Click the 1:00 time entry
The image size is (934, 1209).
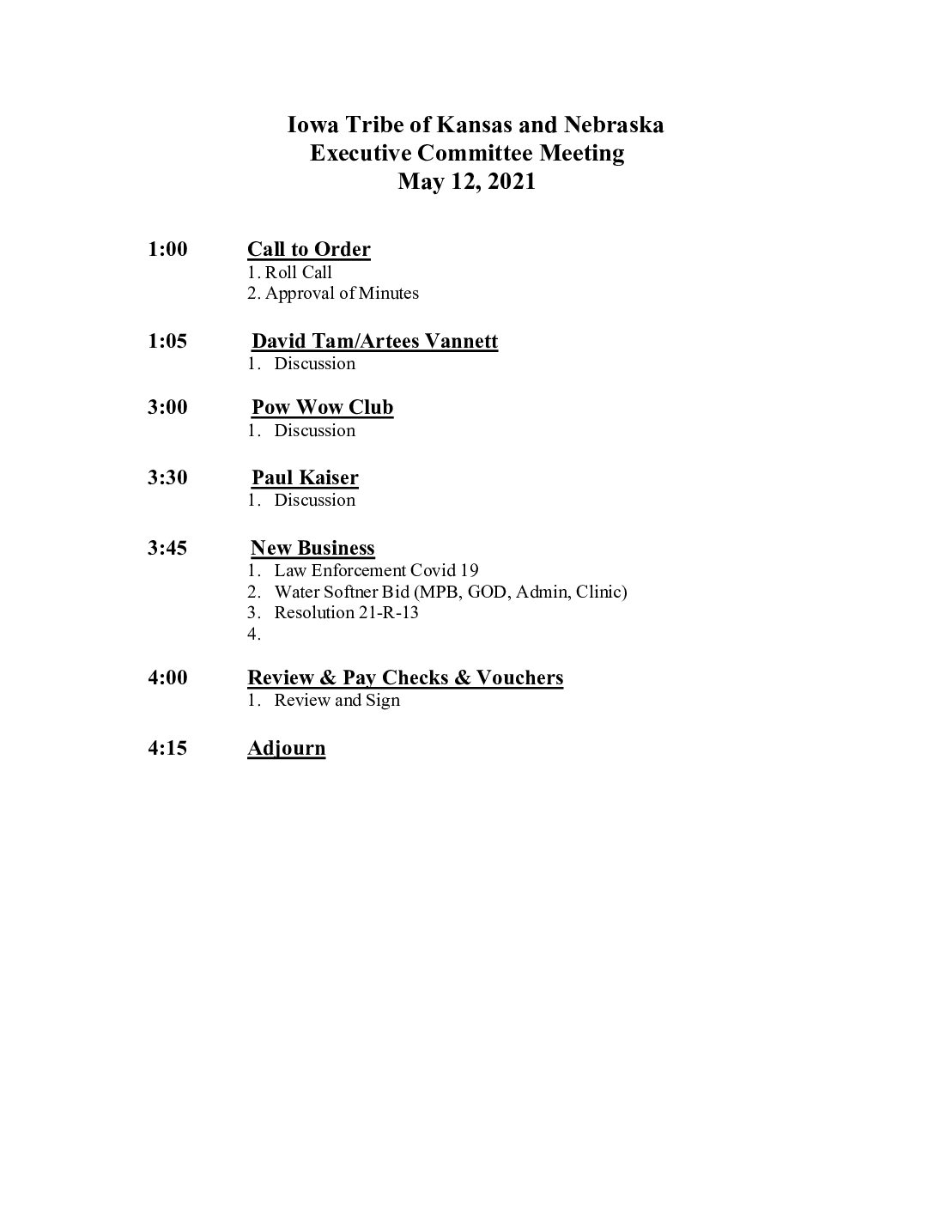(x=167, y=250)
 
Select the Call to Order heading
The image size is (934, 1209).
(x=309, y=250)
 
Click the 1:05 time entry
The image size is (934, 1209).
(x=167, y=342)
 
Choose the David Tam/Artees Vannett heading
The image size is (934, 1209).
(x=374, y=342)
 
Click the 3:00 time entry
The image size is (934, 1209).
(x=167, y=408)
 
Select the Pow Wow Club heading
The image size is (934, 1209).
(x=322, y=408)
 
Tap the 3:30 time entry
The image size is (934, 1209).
(x=167, y=478)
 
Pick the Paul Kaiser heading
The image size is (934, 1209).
(x=305, y=478)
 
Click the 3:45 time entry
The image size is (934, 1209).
(x=167, y=549)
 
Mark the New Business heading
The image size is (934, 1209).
(x=312, y=549)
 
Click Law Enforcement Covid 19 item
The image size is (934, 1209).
(x=376, y=571)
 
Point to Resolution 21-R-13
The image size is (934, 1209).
(x=346, y=613)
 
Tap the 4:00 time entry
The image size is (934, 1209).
(x=167, y=678)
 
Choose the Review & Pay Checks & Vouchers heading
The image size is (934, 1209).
(x=405, y=678)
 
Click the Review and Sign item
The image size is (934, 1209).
(x=337, y=701)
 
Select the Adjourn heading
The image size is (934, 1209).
(x=287, y=749)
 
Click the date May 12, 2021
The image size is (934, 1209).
(x=466, y=182)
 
